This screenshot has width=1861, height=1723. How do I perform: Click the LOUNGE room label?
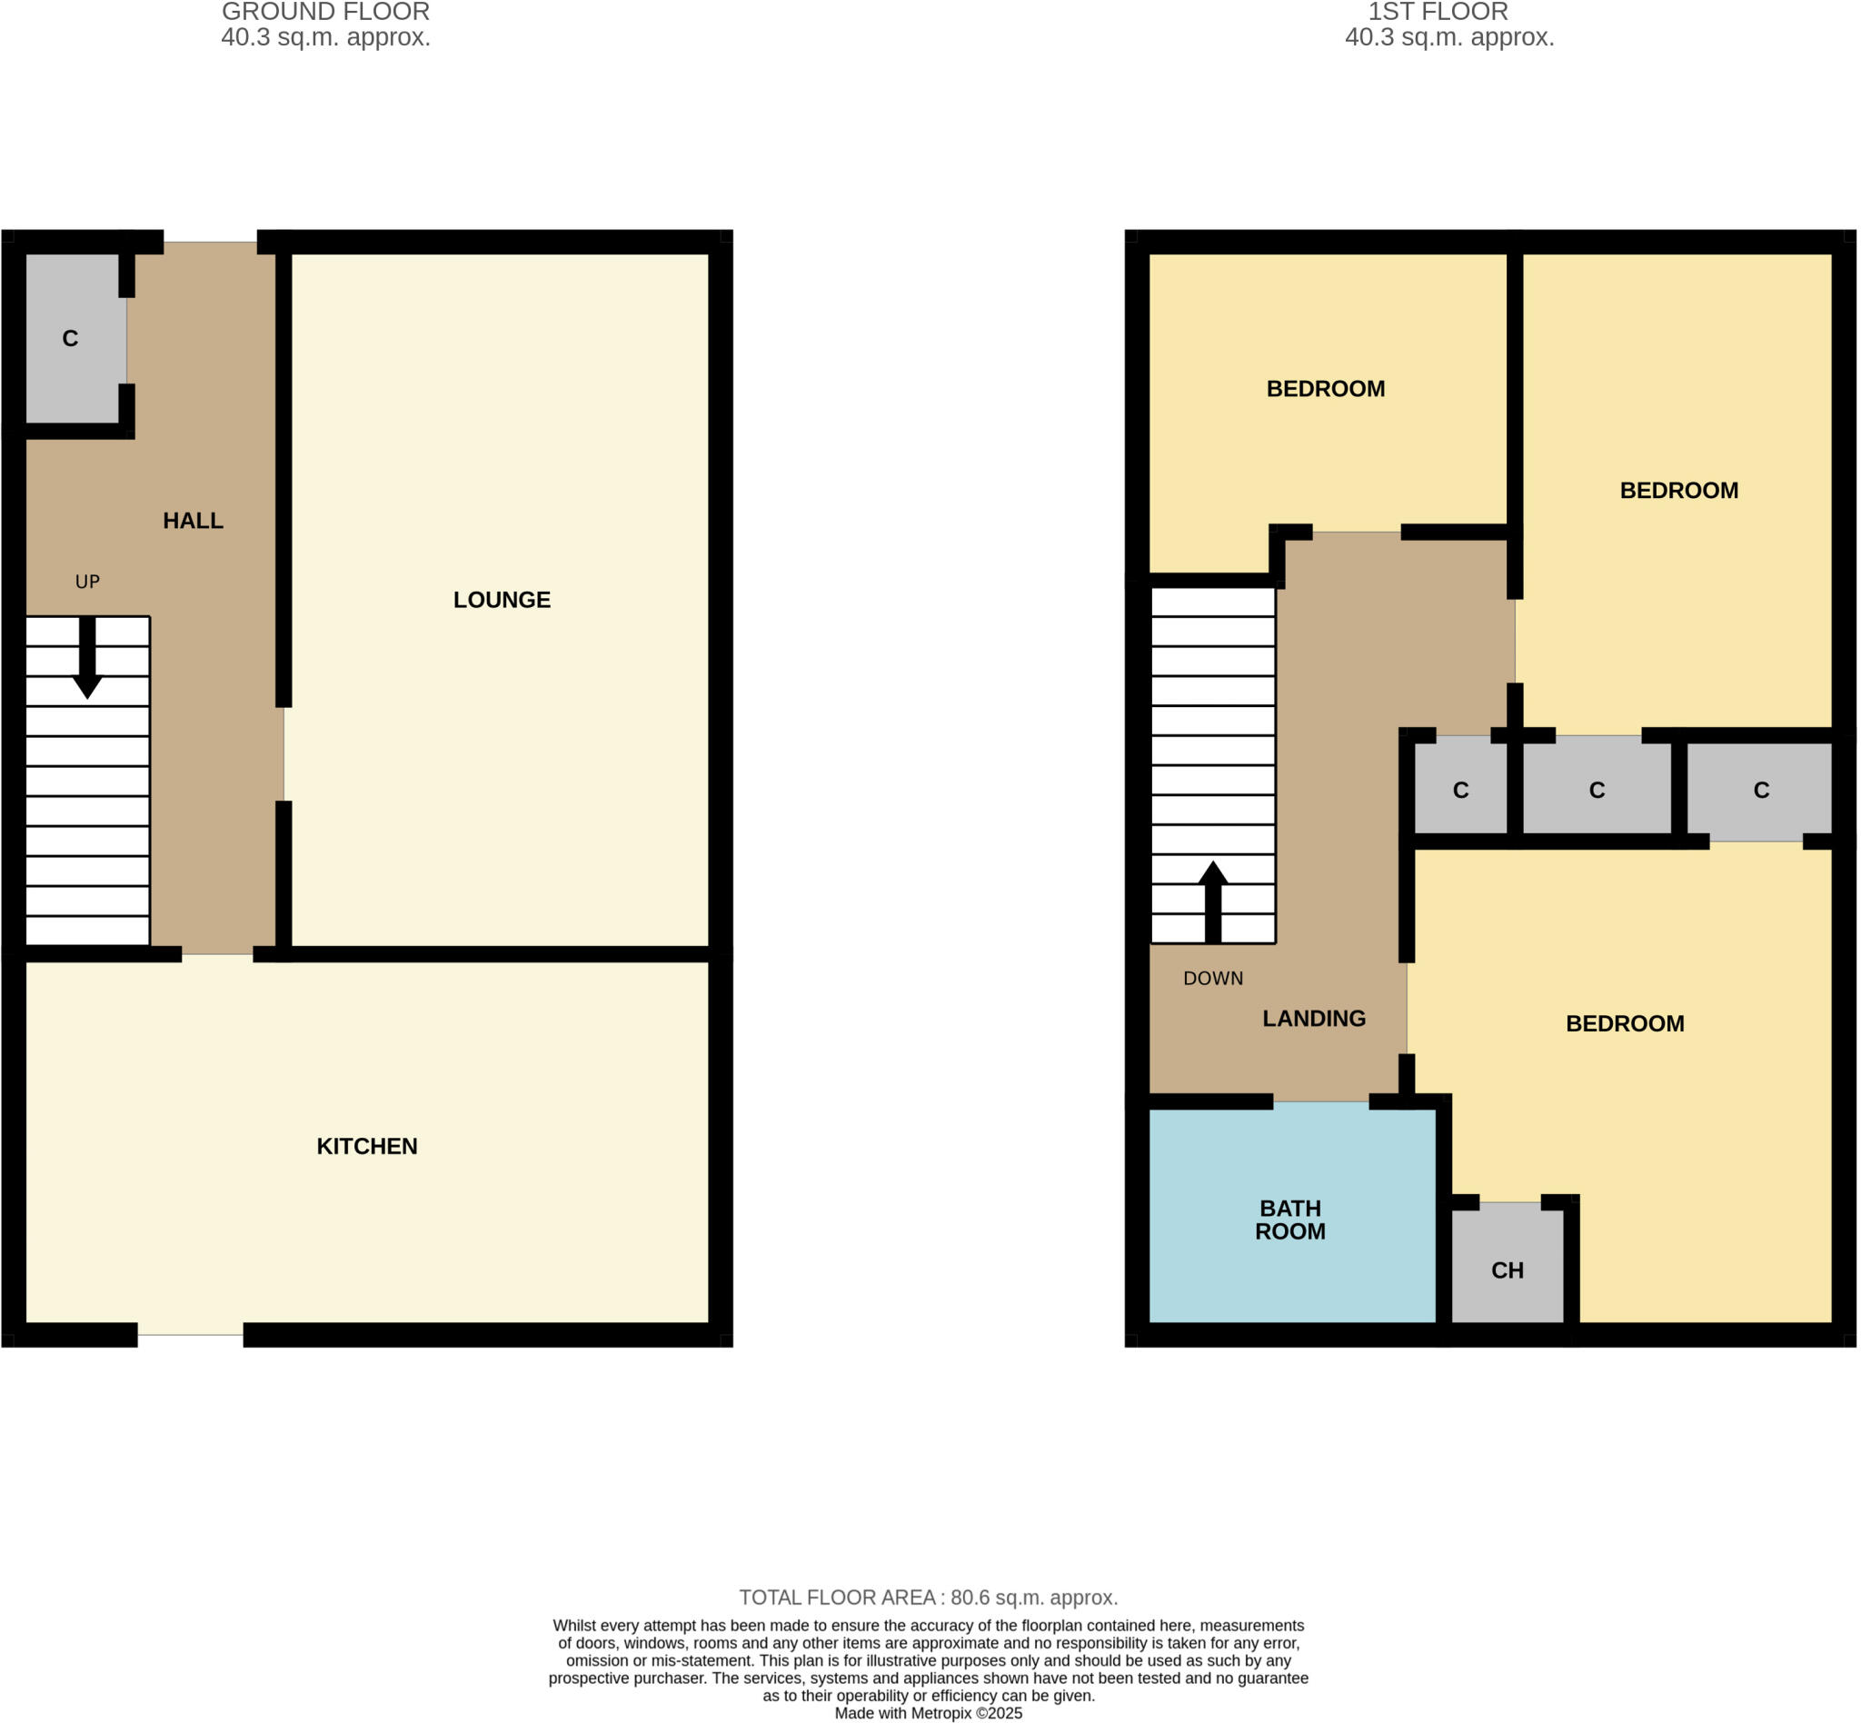[x=502, y=600]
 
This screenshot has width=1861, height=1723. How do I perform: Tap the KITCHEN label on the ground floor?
[x=366, y=1146]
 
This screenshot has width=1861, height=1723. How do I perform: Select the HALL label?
[x=193, y=520]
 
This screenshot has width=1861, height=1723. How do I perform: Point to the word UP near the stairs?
[x=86, y=582]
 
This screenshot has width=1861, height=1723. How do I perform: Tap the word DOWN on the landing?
[x=1212, y=978]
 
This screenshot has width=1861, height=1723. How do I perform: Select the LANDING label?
[x=1313, y=1018]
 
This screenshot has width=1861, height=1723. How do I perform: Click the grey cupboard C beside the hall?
[x=71, y=338]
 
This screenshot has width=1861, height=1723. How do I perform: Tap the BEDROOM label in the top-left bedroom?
[x=1325, y=389]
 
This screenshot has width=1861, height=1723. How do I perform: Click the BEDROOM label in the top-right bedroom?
[x=1678, y=491]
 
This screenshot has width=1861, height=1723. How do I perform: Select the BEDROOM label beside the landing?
[x=1624, y=1024]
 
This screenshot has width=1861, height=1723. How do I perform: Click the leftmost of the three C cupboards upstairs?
[x=1460, y=790]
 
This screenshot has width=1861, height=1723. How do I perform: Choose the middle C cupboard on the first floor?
[x=1597, y=790]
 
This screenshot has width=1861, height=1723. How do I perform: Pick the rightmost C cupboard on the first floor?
[x=1760, y=790]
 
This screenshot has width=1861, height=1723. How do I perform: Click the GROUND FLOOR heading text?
[x=325, y=12]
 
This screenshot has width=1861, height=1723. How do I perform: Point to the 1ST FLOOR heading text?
[x=1437, y=12]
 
